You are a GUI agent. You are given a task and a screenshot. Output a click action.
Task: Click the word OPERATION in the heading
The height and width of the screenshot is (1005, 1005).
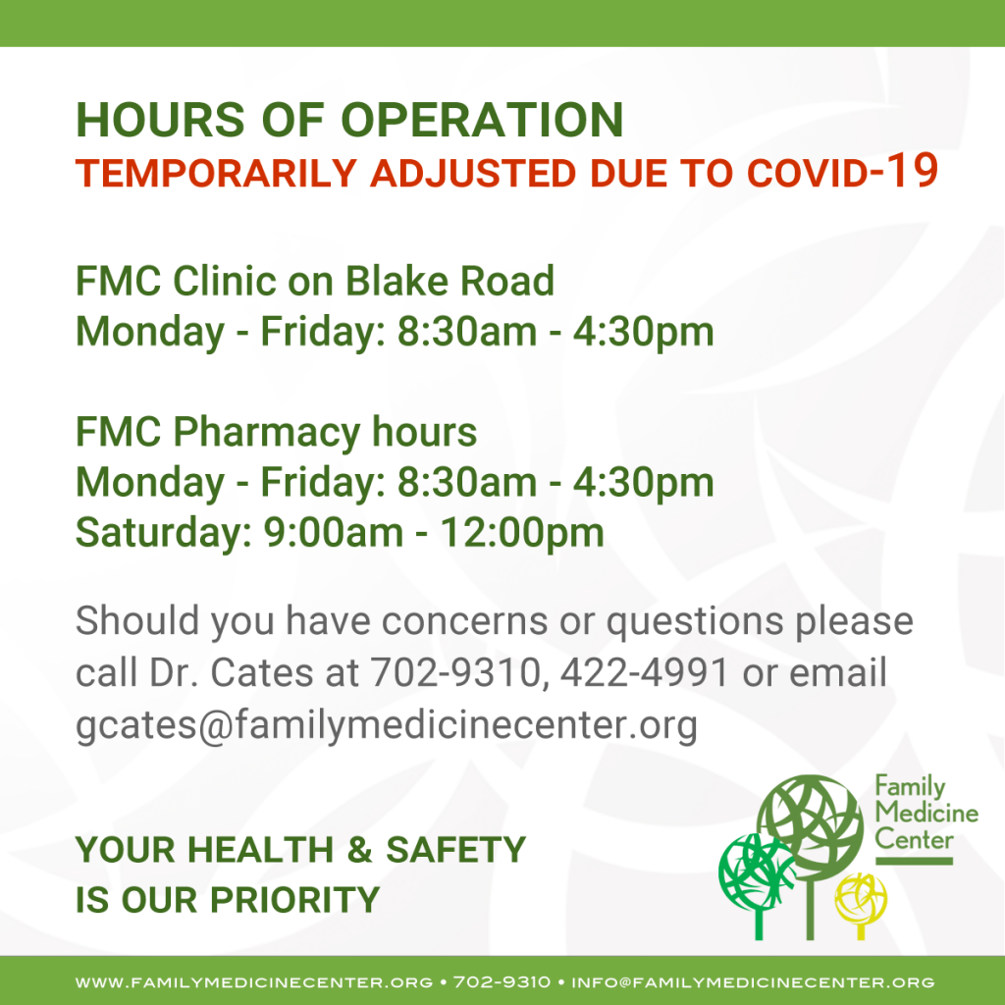point(481,119)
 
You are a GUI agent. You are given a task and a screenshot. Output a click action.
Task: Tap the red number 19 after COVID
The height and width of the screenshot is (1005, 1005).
point(913,171)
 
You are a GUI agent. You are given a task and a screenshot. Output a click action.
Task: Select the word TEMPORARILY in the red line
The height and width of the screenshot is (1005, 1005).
point(216,173)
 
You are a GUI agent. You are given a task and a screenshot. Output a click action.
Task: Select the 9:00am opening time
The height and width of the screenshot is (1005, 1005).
point(334,533)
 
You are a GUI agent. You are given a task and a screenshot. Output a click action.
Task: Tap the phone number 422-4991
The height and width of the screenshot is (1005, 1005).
point(644,672)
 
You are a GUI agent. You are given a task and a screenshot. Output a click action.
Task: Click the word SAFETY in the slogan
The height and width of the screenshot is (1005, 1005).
point(455,850)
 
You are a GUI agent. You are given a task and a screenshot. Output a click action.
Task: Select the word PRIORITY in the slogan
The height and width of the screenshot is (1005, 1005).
point(294,900)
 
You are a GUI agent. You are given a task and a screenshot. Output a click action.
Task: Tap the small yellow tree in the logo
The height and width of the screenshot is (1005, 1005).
point(861,905)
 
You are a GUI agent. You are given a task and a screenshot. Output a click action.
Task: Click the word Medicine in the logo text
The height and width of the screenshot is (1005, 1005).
point(926,813)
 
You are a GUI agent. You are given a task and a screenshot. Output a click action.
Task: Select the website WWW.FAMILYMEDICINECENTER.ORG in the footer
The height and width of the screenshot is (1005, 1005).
point(254,981)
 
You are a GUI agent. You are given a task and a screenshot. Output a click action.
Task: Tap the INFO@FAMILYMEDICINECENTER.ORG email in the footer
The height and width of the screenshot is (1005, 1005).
point(753,981)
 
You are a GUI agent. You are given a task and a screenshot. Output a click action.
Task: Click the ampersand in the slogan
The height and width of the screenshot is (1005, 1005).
point(359,850)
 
